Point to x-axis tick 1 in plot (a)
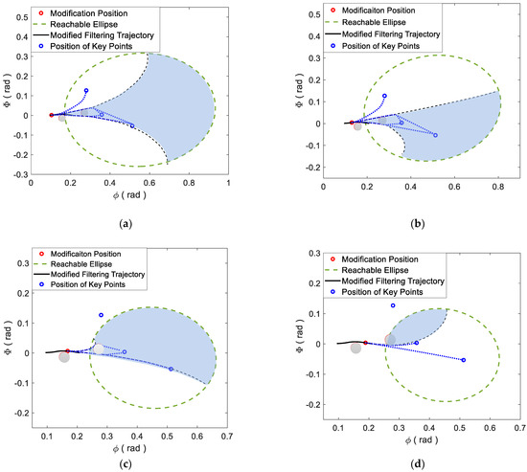228,183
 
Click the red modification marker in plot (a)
52,114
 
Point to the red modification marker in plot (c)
67,350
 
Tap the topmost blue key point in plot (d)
393,305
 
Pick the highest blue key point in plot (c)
101,315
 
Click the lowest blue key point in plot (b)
435,135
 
